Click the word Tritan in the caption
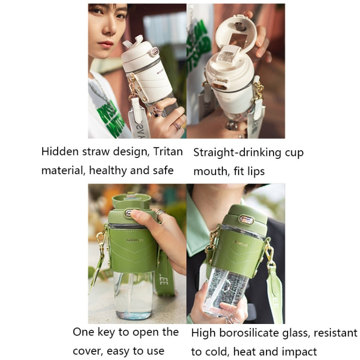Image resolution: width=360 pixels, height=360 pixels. coord(168,152)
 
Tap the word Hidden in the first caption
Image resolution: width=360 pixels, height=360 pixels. coord(60,152)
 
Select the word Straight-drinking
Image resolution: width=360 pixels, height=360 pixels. coord(237,153)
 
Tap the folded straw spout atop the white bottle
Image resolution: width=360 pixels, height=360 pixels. coord(134,41)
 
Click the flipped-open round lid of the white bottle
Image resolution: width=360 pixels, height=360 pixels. coord(235,35)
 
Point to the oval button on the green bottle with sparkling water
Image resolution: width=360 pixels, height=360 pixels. coord(246,220)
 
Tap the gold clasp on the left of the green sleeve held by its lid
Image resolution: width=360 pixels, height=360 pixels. coord(101,241)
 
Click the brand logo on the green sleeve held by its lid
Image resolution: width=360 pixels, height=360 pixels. coord(135,240)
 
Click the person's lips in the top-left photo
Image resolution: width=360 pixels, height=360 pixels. coord(106,44)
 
